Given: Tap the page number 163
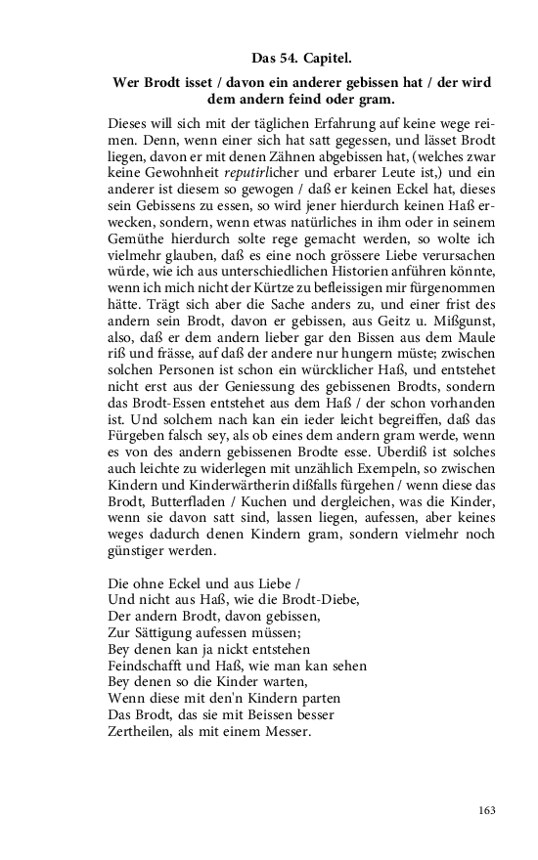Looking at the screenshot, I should [486, 810].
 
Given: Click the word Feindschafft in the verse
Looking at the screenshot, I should [148, 666].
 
